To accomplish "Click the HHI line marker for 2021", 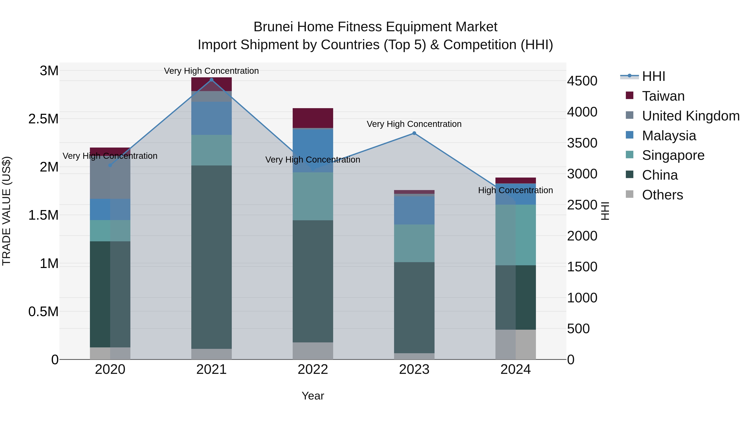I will click(x=211, y=80).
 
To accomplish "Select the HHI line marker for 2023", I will click(x=414, y=133).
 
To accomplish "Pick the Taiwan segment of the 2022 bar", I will click(x=313, y=118).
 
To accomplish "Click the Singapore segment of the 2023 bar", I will click(x=414, y=243).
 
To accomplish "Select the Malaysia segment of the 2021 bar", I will click(x=211, y=118).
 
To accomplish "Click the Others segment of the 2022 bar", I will click(x=313, y=351).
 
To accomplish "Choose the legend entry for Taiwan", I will click(x=663, y=96).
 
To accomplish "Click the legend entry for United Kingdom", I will click(x=690, y=116).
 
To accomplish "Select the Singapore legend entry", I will click(x=673, y=155).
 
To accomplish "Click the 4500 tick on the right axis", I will click(x=582, y=81).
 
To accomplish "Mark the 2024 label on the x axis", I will click(x=515, y=369).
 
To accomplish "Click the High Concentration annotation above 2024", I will click(x=515, y=190).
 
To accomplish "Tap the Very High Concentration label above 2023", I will click(x=414, y=124).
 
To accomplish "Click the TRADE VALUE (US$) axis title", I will click(x=7, y=211).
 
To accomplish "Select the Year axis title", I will click(x=313, y=396).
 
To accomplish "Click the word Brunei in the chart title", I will click(x=273, y=27).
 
